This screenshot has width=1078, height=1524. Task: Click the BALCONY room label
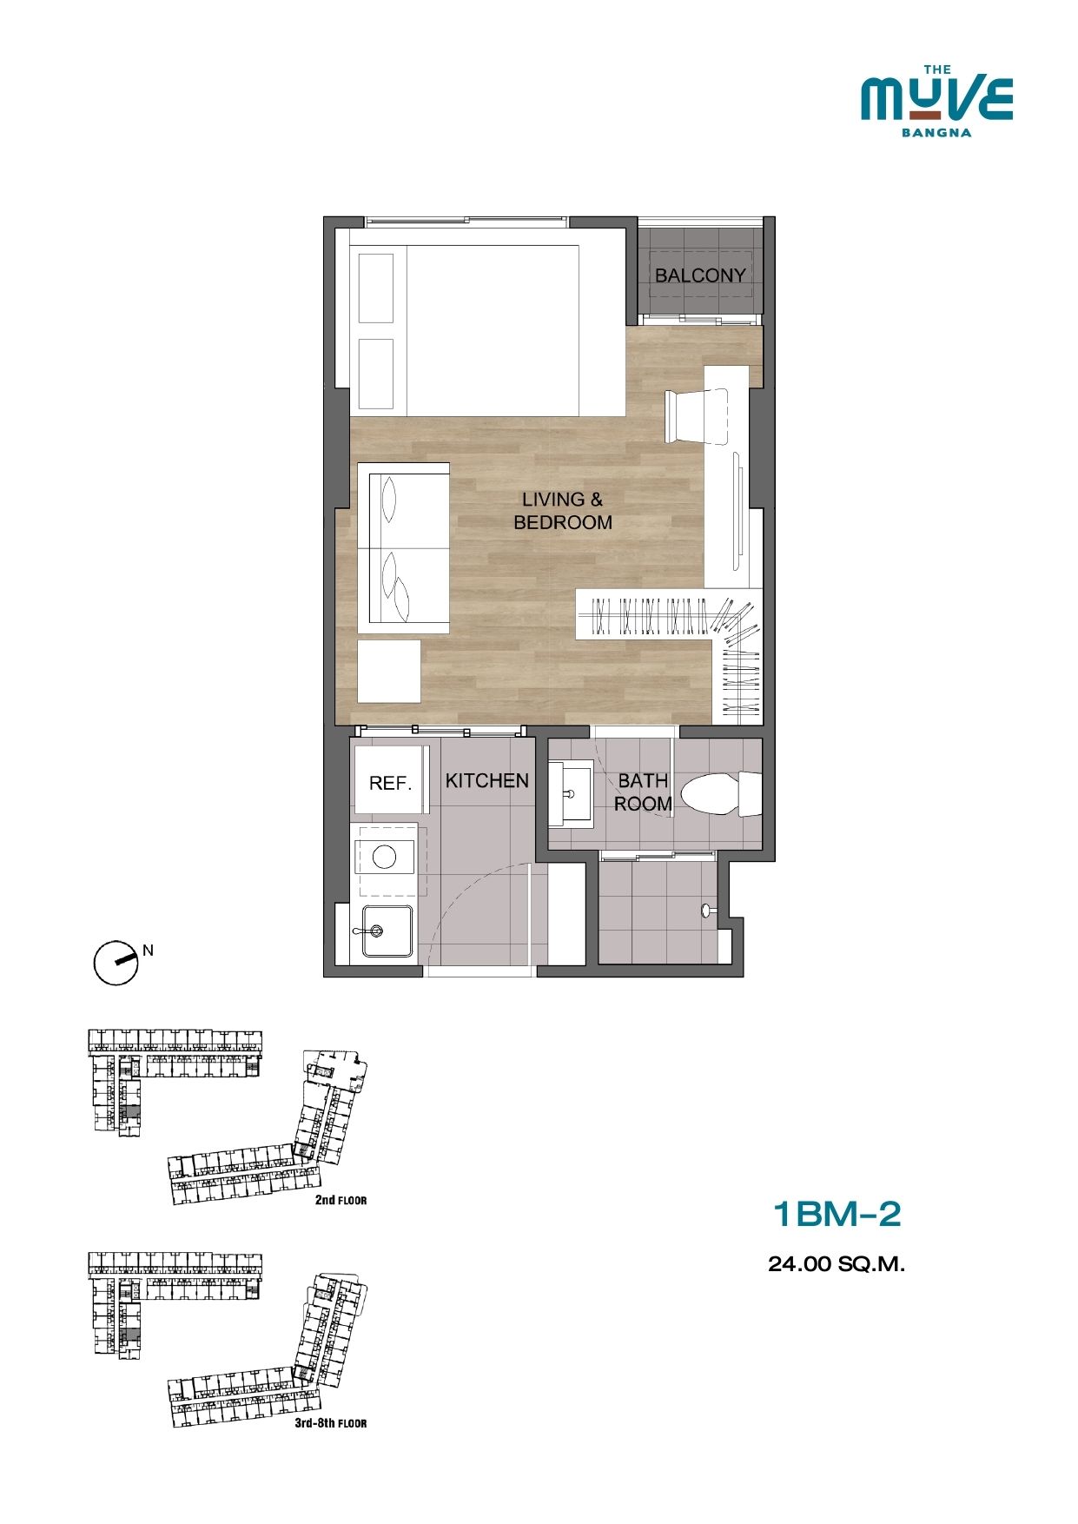tap(700, 275)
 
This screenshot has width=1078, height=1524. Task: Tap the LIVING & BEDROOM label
tap(563, 511)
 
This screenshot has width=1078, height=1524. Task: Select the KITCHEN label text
tap(487, 780)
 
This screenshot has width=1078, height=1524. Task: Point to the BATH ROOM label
tap(643, 792)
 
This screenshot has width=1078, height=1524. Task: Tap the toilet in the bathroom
tap(721, 793)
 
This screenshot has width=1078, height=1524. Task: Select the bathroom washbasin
tap(571, 792)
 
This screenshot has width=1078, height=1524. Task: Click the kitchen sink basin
tap(387, 931)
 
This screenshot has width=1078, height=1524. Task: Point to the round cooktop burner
tap(384, 858)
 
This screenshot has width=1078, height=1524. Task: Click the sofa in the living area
tap(404, 548)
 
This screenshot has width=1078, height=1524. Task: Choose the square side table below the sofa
tap(389, 671)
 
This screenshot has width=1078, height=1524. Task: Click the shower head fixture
tap(708, 911)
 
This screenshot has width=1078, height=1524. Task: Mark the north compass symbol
tap(116, 963)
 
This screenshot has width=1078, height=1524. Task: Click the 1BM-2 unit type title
tap(837, 1214)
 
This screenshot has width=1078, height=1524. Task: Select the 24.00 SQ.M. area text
tap(837, 1264)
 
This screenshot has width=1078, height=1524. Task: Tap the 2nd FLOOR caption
tap(341, 1200)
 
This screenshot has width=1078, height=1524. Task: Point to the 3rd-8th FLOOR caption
tap(331, 1423)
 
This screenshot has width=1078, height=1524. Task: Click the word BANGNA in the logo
tap(936, 133)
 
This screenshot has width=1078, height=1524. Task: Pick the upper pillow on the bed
tap(377, 288)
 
